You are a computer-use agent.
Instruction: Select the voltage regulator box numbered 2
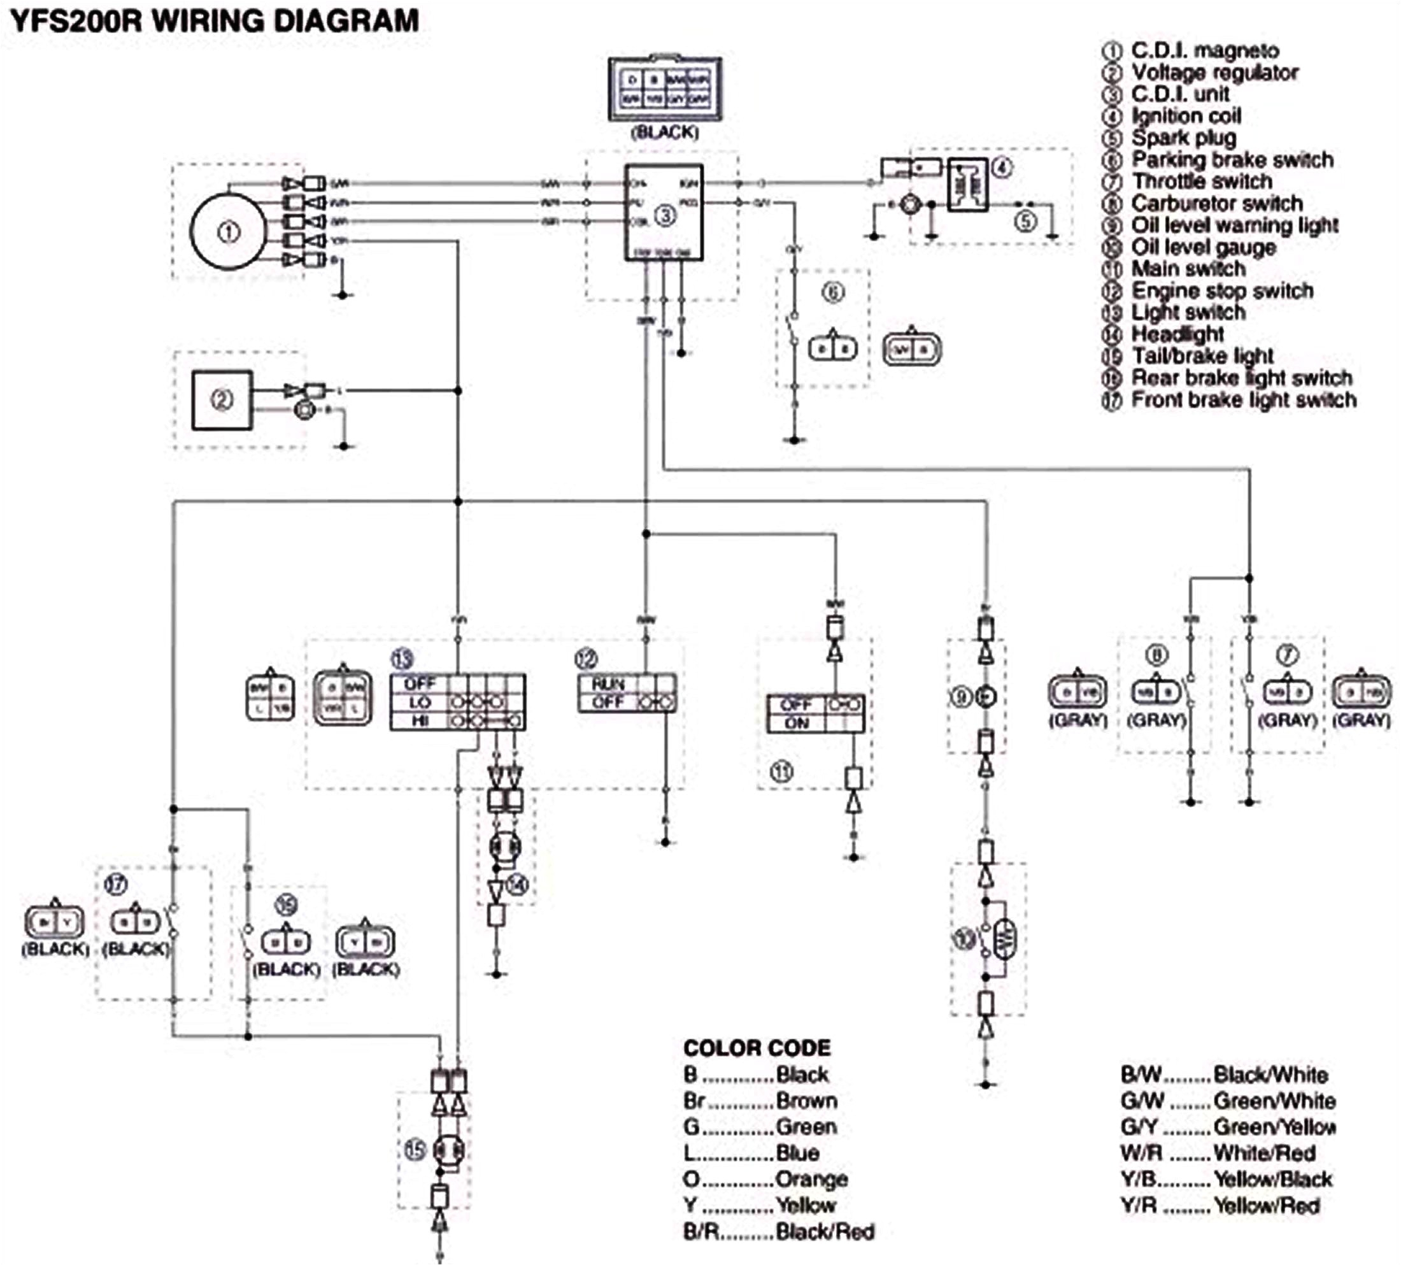pyautogui.click(x=222, y=401)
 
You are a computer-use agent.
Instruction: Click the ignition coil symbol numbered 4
pyautogui.click(x=967, y=184)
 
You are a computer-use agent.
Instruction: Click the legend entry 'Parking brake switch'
pyautogui.click(x=1232, y=160)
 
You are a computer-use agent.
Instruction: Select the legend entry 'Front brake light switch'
pyautogui.click(x=1243, y=401)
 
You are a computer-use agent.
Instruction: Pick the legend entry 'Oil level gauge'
pyautogui.click(x=1203, y=247)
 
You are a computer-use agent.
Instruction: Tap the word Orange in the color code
pyautogui.click(x=811, y=1180)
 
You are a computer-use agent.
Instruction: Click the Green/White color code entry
pyautogui.click(x=1227, y=1101)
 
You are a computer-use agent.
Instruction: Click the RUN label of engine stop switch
pyautogui.click(x=608, y=684)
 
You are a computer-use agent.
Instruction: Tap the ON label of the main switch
pyautogui.click(x=797, y=723)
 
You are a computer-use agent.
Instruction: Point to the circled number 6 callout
pyautogui.click(x=833, y=292)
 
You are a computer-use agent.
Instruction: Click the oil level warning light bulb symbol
pyautogui.click(x=985, y=696)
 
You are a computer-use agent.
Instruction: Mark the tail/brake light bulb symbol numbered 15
pyautogui.click(x=448, y=1151)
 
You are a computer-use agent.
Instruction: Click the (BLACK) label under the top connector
pyautogui.click(x=664, y=132)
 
